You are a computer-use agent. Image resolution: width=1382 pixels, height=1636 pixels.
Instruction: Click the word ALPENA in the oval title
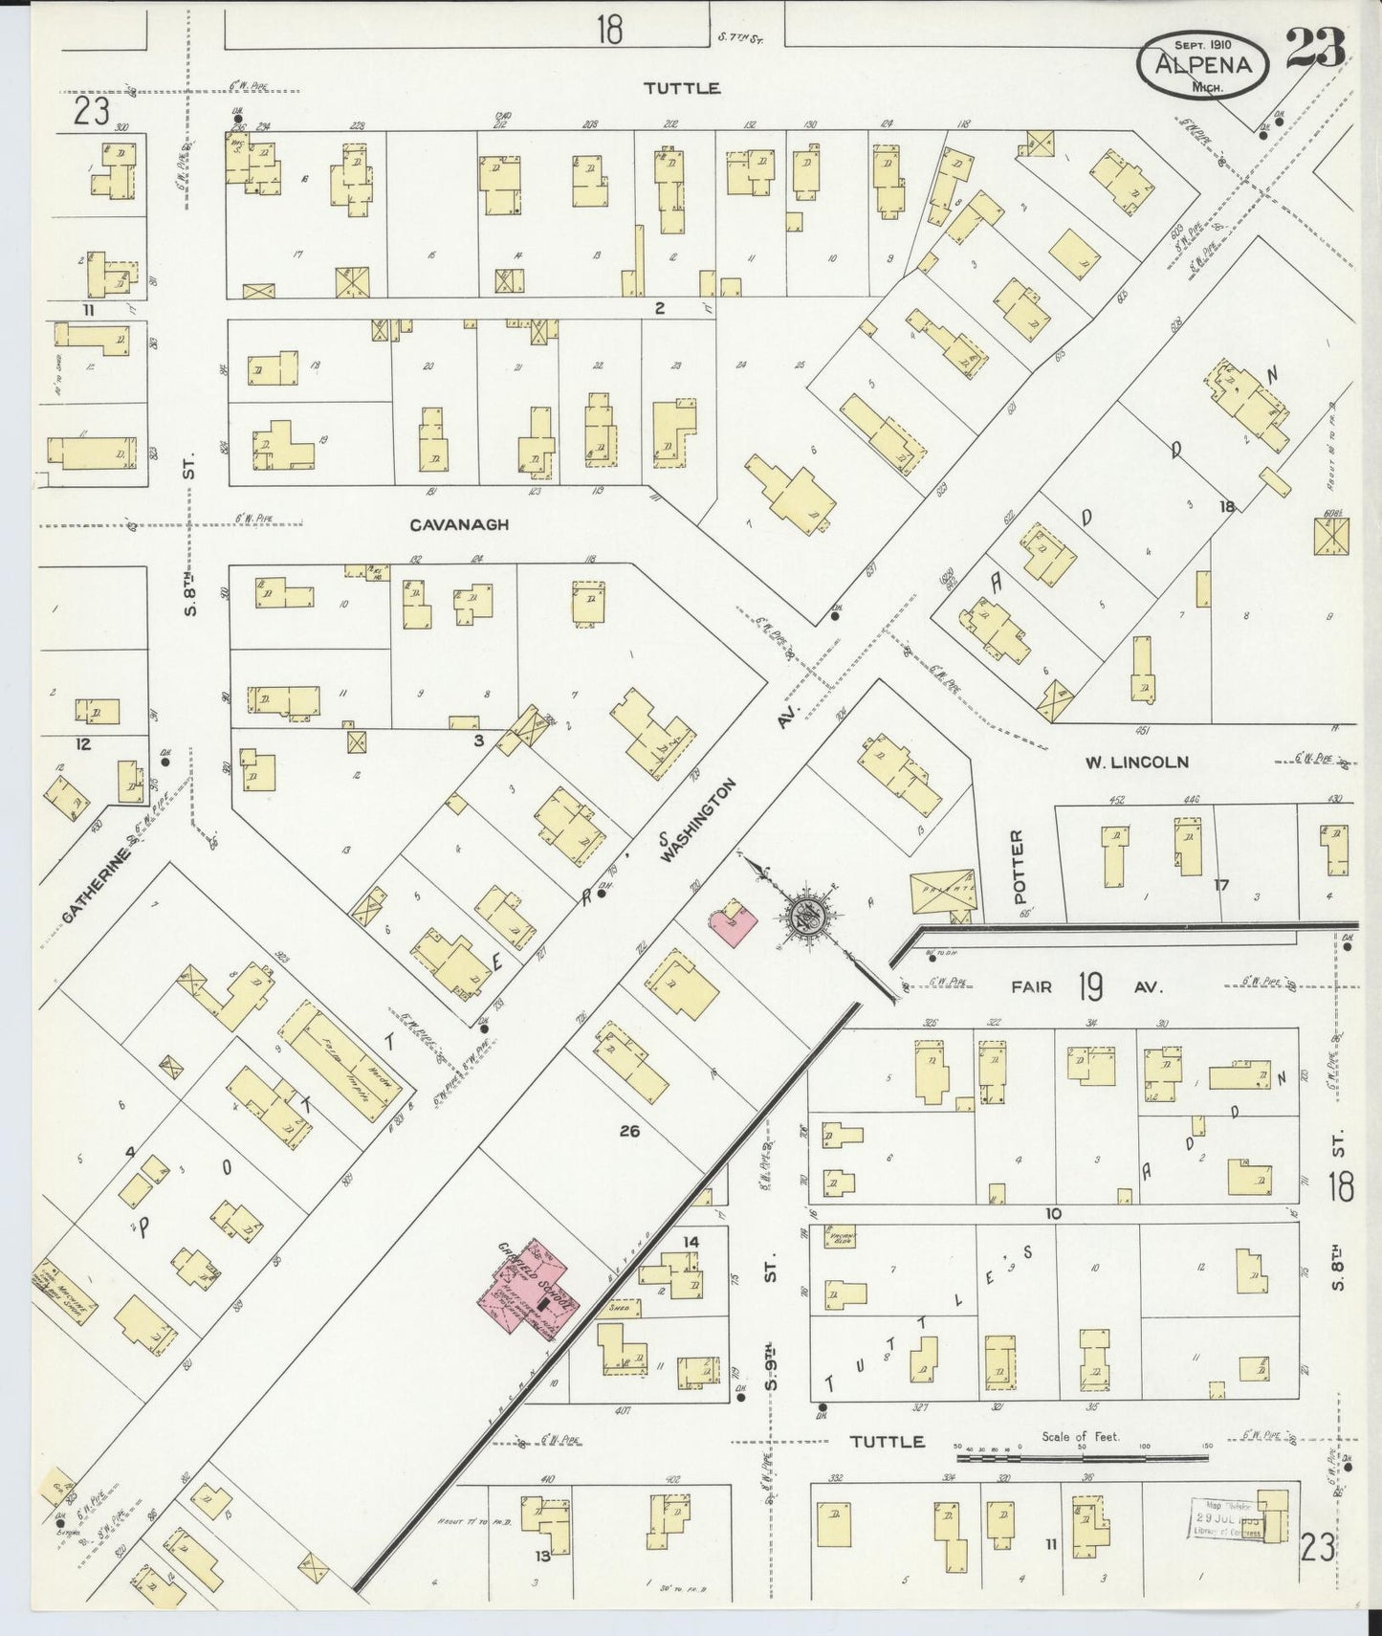click(x=1202, y=64)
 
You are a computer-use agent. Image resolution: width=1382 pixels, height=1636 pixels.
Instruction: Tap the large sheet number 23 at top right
click(x=1315, y=48)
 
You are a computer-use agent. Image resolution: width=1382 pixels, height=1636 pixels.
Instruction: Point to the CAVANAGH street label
click(x=459, y=525)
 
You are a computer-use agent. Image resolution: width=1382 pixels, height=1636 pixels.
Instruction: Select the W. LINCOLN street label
click(x=1136, y=763)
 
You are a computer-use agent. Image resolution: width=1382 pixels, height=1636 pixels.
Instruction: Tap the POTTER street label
click(x=1017, y=867)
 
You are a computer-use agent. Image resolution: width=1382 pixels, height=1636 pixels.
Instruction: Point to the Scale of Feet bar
click(x=1081, y=1459)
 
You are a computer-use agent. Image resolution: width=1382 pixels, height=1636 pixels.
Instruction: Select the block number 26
click(x=628, y=1131)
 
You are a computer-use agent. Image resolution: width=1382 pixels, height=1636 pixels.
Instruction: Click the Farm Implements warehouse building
click(x=340, y=1062)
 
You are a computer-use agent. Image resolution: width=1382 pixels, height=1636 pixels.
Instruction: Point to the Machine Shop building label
click(x=63, y=1292)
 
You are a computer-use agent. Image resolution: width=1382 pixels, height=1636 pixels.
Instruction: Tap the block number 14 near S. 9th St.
click(x=690, y=1242)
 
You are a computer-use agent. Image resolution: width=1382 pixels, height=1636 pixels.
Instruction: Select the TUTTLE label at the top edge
click(x=681, y=88)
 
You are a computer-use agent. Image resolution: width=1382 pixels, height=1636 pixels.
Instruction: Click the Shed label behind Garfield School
click(x=619, y=1307)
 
